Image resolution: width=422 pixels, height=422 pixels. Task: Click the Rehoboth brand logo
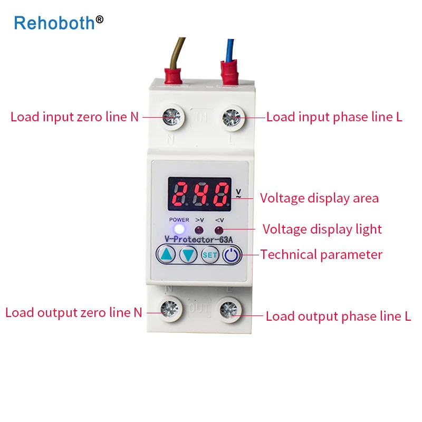(58, 22)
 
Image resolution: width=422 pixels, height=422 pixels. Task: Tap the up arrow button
(167, 255)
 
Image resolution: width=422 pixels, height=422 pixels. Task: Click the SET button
(210, 255)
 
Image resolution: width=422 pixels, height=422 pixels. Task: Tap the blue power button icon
(231, 255)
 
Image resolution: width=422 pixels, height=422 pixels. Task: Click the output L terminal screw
(230, 310)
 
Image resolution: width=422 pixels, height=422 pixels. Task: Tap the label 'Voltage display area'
(319, 198)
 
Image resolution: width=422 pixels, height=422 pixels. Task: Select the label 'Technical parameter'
(321, 255)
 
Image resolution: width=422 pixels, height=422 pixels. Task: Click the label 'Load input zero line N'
(74, 117)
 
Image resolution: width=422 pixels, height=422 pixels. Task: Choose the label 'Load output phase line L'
(338, 316)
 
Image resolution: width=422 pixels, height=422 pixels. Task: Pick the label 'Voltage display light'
(322, 229)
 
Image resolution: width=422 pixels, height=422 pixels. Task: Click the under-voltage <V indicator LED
(218, 230)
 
